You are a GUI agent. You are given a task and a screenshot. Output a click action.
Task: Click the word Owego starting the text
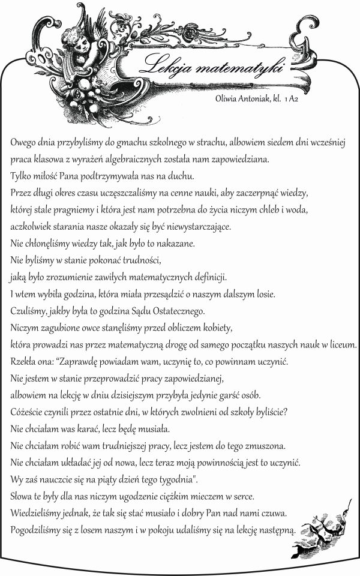(x=23, y=144)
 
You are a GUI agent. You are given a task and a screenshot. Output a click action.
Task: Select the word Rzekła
(x=23, y=362)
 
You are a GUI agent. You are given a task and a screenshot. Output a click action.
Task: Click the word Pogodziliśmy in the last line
(x=36, y=530)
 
